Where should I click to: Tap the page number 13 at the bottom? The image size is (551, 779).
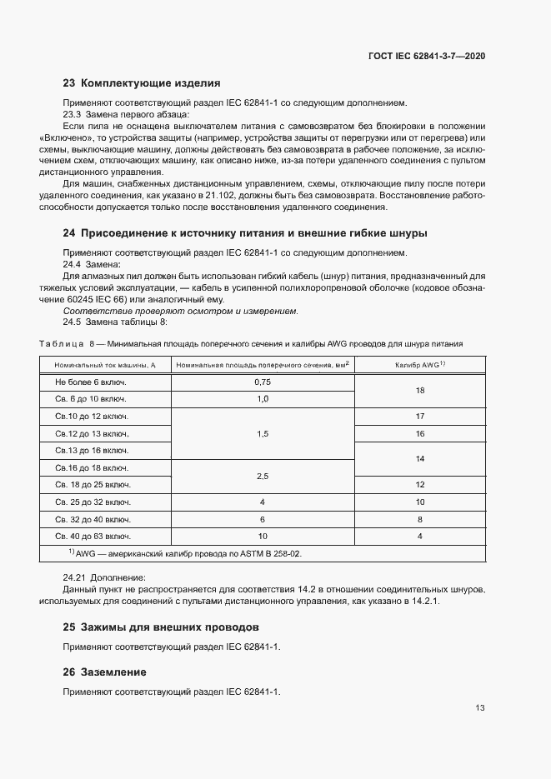(480, 709)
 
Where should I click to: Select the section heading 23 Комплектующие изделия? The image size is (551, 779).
(142, 83)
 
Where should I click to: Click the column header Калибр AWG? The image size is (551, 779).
(420, 365)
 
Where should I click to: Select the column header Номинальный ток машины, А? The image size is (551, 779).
(105, 365)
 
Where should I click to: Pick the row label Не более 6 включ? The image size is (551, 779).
(91, 381)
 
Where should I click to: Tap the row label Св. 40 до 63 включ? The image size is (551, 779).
(93, 537)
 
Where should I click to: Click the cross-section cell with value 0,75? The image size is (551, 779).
(263, 381)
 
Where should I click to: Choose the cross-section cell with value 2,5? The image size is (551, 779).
(263, 475)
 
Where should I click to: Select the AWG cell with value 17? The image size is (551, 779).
(420, 416)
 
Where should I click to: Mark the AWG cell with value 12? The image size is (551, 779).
(420, 484)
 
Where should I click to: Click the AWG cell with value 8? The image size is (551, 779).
(420, 519)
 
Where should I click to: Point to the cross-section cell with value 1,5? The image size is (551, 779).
(263, 433)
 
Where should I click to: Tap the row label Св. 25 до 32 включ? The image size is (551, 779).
(93, 502)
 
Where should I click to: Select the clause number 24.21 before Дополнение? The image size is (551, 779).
(77, 577)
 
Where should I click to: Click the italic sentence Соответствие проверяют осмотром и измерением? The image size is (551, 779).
(180, 311)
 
